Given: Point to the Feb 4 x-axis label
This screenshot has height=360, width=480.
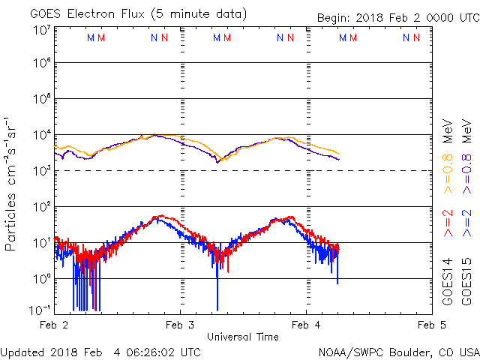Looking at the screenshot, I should point(305,325).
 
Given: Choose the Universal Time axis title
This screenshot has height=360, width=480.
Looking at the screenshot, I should point(242,337).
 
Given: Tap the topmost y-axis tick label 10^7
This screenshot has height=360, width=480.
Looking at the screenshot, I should point(41,30).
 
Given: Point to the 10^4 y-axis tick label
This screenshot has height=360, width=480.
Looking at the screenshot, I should point(41,135).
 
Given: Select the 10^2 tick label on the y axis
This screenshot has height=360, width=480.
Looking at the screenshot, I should point(41,206).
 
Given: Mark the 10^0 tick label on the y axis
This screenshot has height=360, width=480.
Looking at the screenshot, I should point(41,278).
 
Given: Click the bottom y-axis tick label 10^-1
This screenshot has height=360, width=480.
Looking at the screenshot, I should point(40,310).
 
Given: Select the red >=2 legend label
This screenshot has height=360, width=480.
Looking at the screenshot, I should point(448,224).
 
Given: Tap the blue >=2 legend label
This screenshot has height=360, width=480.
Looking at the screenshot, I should point(466,224).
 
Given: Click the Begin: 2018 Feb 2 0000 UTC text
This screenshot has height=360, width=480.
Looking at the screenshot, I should point(387,17).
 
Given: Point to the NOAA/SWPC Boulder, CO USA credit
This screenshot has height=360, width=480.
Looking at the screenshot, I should point(398,352).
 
